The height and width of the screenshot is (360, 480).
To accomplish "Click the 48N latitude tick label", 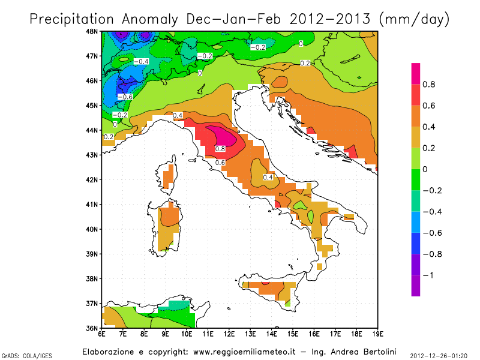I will pos(94,31).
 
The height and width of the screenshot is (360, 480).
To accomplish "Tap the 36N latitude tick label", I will pos(94,328).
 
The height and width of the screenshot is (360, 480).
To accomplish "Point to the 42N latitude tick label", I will pos(94,179).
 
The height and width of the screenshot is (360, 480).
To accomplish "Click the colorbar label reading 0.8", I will pos(428,85).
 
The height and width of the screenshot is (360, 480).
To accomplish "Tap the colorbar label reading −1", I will pos(427,275).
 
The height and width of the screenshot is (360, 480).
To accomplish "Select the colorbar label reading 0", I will pos(425,169).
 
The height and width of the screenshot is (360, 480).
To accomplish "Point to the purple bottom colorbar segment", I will pos(415,285).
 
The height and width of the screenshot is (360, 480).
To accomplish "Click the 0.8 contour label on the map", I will pos(220,149).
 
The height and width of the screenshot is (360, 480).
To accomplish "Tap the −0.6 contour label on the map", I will pos(125,97).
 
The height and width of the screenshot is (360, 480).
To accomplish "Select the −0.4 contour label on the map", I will pos(141,62).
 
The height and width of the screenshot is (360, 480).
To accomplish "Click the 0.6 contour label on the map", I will pos(220,163).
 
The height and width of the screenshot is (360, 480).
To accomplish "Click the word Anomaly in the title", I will pos(152,19).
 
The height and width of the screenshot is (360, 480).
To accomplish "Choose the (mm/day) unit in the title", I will pos(415,19).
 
